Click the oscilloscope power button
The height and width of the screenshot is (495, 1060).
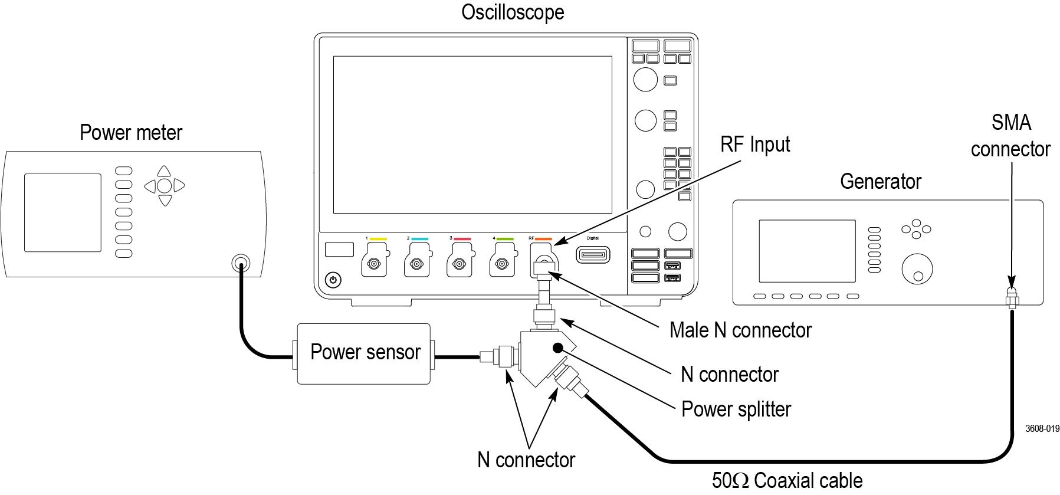click(333, 280)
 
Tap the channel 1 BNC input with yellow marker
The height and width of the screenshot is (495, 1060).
click(374, 264)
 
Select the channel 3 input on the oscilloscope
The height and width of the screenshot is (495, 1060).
click(460, 264)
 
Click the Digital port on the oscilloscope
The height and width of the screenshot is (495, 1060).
click(593, 255)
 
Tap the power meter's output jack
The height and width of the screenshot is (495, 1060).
click(239, 263)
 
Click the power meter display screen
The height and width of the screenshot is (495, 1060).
click(63, 212)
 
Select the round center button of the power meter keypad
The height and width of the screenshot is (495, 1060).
click(165, 186)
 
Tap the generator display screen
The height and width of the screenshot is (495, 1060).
click(806, 251)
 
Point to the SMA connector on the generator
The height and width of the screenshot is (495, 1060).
click(1012, 299)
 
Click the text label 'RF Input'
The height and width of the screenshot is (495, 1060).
click(755, 145)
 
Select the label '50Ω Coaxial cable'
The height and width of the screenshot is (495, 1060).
click(787, 481)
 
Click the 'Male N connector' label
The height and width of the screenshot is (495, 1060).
click(740, 330)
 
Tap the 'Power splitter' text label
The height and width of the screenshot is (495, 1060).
click(736, 409)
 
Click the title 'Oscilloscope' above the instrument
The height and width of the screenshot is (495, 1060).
click(512, 12)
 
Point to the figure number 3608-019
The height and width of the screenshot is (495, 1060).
click(1042, 429)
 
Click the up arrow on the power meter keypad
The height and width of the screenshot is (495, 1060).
click(165, 171)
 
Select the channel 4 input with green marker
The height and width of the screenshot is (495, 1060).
click(502, 264)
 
